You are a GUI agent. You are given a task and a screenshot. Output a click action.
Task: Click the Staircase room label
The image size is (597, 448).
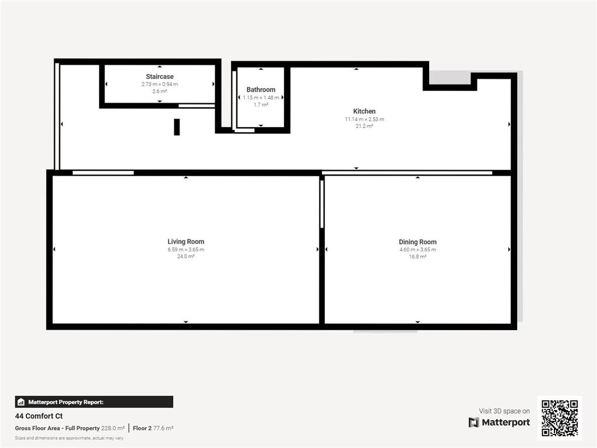(160, 76)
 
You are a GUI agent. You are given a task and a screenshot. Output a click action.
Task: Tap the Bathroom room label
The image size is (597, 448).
(261, 89)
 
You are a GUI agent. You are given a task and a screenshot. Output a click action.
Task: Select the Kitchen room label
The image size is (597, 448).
(364, 111)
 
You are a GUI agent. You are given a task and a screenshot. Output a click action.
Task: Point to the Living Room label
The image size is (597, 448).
(186, 242)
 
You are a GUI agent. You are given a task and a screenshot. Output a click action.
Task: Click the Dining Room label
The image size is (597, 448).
(417, 242)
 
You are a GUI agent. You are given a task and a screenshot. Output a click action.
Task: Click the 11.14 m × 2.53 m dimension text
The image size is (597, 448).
(364, 119)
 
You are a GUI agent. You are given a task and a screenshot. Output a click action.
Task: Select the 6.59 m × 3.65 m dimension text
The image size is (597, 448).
(186, 250)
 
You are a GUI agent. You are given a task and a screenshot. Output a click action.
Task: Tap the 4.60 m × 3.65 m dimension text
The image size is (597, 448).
(417, 250)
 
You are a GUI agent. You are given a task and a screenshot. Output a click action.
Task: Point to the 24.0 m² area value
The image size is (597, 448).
(186, 257)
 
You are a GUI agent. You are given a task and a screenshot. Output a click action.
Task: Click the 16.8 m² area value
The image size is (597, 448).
(417, 257)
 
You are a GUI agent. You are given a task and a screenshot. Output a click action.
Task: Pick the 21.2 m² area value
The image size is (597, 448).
(364, 126)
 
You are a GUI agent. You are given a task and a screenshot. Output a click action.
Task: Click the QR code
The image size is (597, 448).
(560, 418)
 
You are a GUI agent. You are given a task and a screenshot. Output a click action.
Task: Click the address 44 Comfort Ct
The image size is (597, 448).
(39, 416)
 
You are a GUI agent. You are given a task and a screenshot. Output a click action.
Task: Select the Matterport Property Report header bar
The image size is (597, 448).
(94, 402)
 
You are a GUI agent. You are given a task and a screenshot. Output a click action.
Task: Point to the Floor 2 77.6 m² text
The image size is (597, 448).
(153, 428)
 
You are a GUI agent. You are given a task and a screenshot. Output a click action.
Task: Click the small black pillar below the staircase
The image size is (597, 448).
(177, 127)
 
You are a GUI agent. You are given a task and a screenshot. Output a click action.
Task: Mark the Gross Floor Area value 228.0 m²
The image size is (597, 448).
(113, 428)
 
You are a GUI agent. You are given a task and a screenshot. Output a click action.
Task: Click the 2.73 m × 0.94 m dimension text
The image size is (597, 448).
(160, 84)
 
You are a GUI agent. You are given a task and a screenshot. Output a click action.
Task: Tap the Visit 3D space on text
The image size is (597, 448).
(504, 411)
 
